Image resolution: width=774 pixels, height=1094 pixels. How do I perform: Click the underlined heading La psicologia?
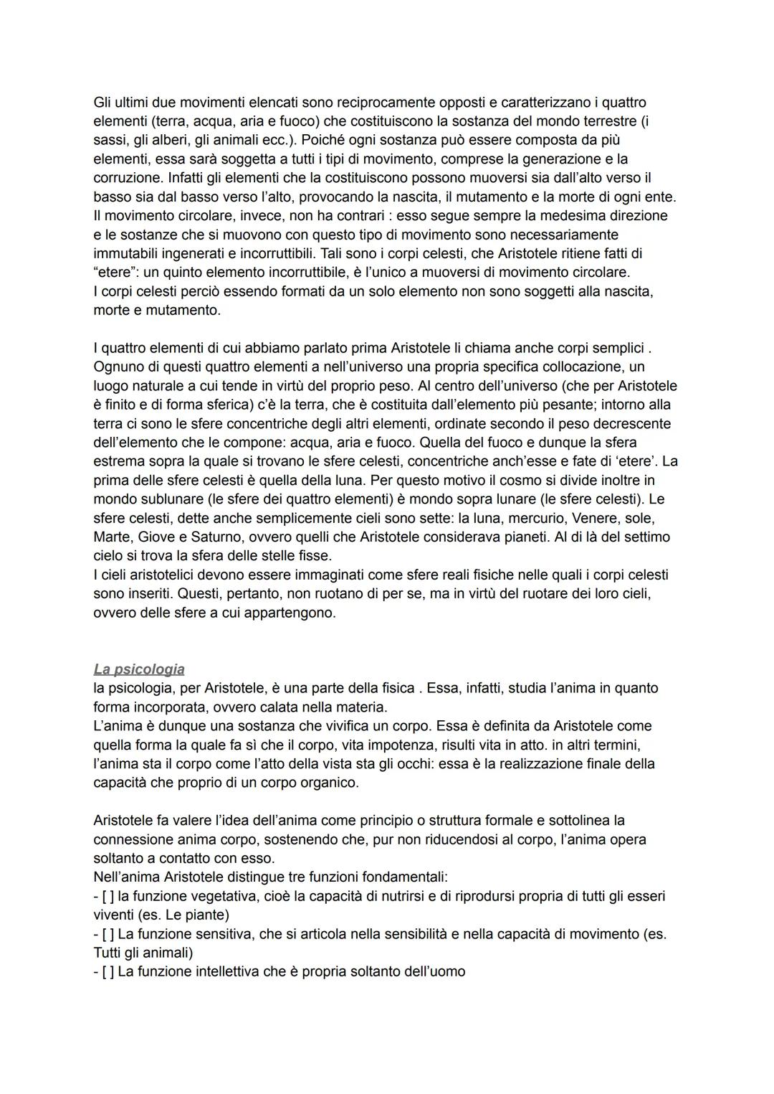139,669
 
